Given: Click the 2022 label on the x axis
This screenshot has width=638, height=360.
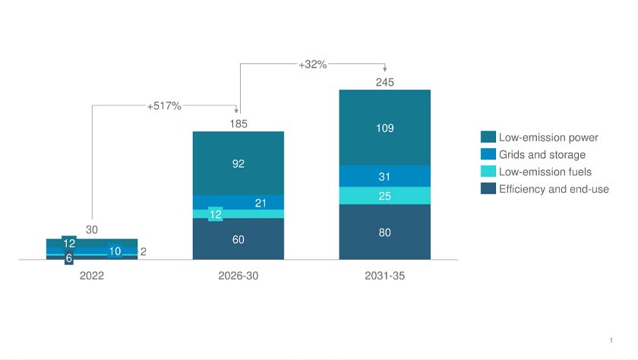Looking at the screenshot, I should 91,276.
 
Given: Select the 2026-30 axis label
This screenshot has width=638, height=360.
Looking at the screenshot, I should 238,276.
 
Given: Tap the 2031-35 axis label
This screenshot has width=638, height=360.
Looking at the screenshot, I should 384,276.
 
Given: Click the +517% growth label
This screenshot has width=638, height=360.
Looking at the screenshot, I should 164,106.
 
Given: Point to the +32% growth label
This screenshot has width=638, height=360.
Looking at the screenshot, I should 312,65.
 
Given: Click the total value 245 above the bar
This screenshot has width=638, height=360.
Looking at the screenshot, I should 385,82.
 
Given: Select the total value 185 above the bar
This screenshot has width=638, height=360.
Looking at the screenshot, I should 238,123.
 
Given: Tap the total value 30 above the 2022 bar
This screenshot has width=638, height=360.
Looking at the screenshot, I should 91,229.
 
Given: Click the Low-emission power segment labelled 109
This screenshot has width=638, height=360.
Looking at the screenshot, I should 385,128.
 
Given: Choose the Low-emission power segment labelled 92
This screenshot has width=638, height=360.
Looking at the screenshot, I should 238,163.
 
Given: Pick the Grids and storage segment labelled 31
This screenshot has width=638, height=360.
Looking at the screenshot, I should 385,176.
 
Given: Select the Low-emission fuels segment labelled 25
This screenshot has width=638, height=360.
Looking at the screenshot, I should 385,196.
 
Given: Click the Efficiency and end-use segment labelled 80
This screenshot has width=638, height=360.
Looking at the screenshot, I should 385,232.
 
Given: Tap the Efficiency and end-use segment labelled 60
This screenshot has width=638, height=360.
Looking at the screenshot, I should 238,239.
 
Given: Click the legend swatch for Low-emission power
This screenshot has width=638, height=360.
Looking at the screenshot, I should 488,137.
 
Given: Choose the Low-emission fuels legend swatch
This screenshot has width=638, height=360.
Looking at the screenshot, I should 488,172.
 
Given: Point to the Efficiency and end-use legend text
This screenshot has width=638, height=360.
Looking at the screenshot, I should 554,189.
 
